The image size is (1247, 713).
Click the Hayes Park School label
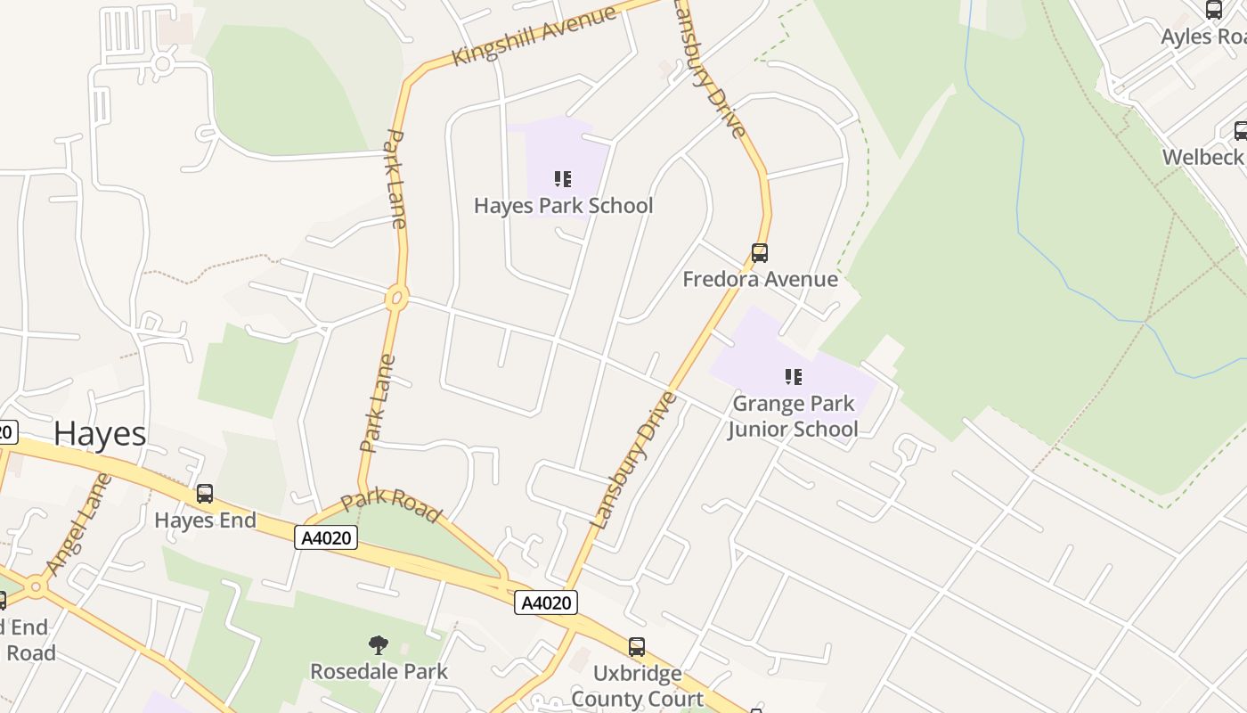tap(563, 206)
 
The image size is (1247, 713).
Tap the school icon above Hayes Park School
tap(562, 179)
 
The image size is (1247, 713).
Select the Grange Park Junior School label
tap(793, 416)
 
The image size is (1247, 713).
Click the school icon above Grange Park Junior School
tap(793, 377)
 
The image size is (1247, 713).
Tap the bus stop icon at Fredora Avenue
tap(759, 253)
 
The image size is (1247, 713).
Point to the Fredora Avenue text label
tap(760, 279)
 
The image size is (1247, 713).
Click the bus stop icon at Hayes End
tap(205, 494)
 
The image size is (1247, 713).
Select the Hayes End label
tap(205, 520)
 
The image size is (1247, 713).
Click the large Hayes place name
tap(100, 433)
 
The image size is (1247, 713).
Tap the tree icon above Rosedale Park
tap(379, 644)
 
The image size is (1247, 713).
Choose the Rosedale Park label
tap(379, 671)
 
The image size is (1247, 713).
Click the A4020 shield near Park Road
tap(326, 537)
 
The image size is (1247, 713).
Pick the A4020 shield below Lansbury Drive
tap(546, 602)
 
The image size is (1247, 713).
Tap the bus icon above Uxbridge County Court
tap(636, 647)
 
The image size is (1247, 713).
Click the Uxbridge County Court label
tap(637, 685)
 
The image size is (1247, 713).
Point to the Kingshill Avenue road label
tap(534, 36)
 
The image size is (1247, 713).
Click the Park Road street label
tap(391, 504)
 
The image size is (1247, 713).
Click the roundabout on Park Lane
tap(397, 298)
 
